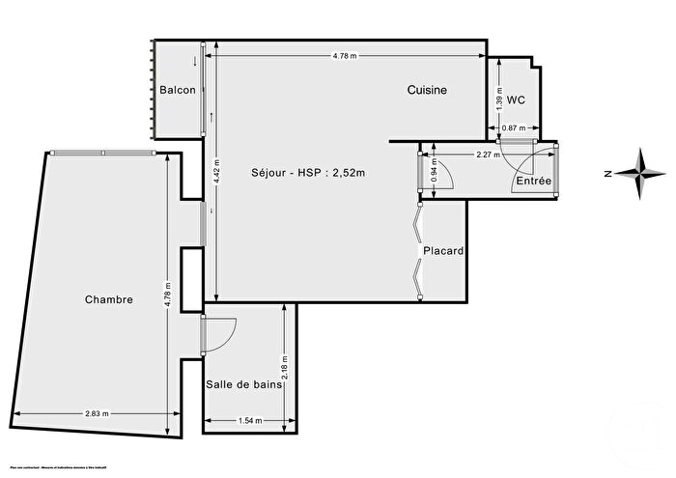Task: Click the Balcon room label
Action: point(179,90)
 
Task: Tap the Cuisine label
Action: point(426,90)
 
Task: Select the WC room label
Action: point(516,99)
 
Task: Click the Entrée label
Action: point(533,181)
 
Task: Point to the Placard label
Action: point(443,251)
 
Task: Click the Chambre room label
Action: point(107,299)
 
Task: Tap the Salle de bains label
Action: point(243,384)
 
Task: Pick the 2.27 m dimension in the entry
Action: point(490,154)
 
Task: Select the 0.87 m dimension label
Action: point(514,127)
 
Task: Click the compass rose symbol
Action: point(640,174)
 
